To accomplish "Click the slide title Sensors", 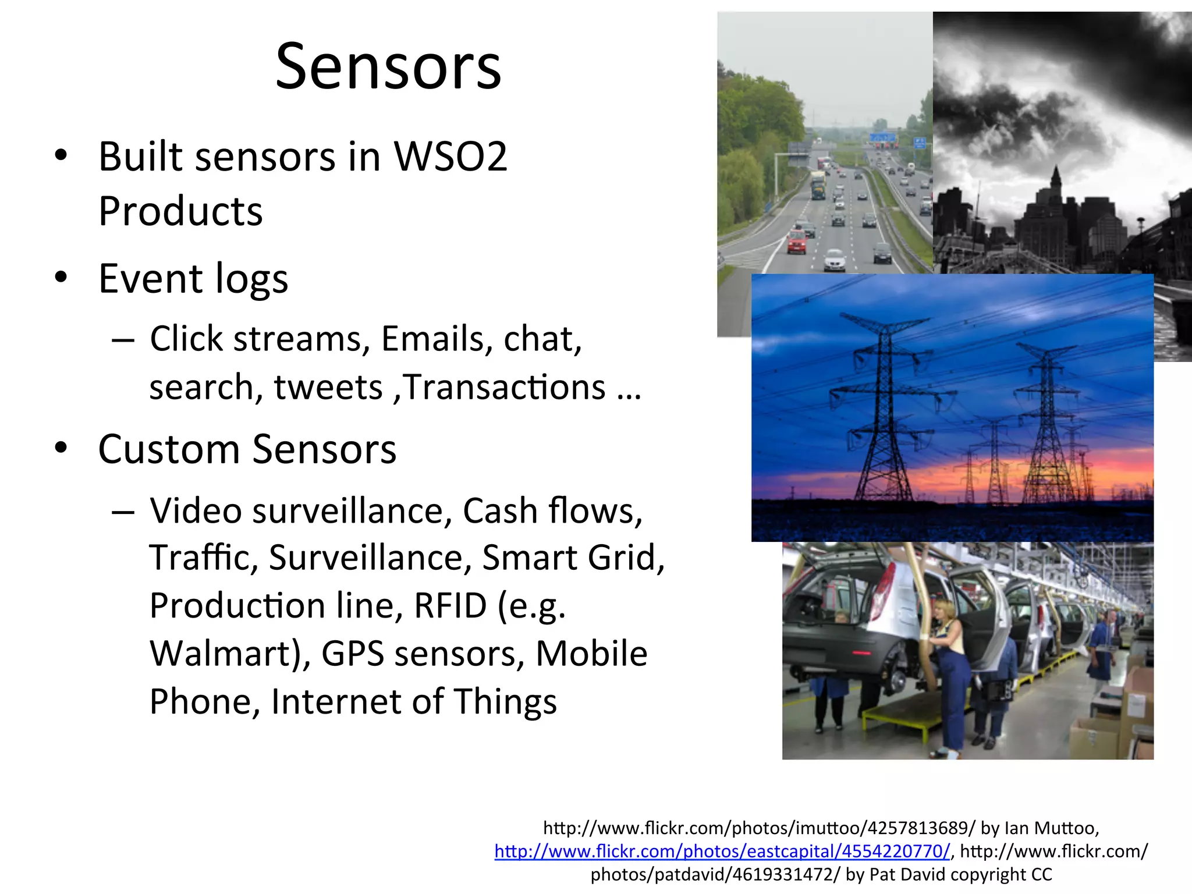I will pyautogui.click(x=388, y=66).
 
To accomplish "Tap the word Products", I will pyautogui.click(x=180, y=211).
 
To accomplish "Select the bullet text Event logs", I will pyautogui.click(x=193, y=278).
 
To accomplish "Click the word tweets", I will pyautogui.click(x=328, y=387).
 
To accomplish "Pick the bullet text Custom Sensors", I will pyautogui.click(x=247, y=449).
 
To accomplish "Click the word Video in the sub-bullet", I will pyautogui.click(x=196, y=510).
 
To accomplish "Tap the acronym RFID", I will pyautogui.click(x=450, y=605).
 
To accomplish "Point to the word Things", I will pyautogui.click(x=505, y=701).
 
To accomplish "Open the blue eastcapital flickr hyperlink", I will pyautogui.click(x=722, y=851).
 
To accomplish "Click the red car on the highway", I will pyautogui.click(x=797, y=241).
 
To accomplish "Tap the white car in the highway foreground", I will pyautogui.click(x=835, y=260).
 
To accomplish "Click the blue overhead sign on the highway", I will pyautogui.click(x=882, y=138).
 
